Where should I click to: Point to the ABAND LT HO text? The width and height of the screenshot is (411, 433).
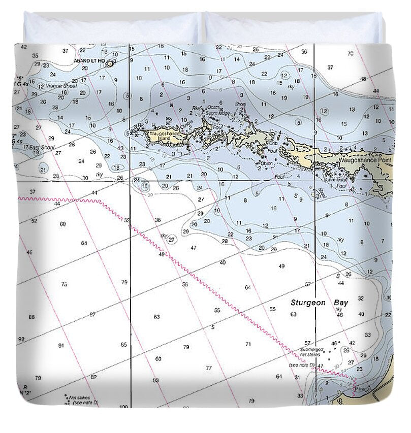(x=89, y=60)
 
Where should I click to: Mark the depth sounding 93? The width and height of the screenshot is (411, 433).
(x=155, y=380)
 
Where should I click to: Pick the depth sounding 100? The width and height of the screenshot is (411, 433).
(x=123, y=407)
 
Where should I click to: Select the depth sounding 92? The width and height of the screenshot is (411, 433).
(x=21, y=339)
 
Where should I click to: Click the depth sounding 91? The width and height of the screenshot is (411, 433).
(x=61, y=346)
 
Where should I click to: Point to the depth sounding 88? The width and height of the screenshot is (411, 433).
(x=31, y=317)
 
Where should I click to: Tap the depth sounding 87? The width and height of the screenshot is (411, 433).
(x=92, y=315)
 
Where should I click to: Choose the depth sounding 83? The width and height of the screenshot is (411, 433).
(x=156, y=317)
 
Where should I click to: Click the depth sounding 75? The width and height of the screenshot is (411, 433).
(x=64, y=284)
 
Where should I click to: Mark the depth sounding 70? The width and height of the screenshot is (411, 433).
(x=350, y=54)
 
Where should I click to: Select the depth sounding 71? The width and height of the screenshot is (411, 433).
(x=248, y=344)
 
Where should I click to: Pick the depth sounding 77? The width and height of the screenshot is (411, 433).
(x=209, y=368)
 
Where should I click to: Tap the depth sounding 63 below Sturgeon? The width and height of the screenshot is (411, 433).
(x=293, y=314)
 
